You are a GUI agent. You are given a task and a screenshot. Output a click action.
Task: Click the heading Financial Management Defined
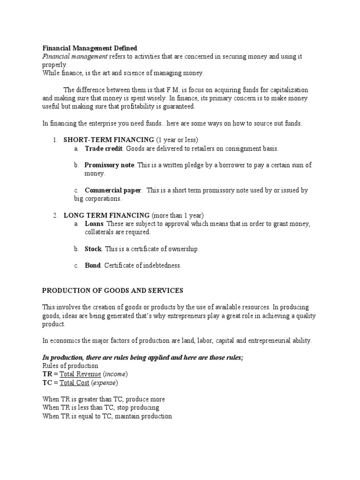[x=90, y=48]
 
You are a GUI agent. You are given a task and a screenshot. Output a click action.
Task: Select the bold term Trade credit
[x=103, y=149]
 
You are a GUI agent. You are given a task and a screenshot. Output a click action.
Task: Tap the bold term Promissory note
[x=109, y=165]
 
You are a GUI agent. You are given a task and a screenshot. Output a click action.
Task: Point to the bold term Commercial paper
[x=112, y=190]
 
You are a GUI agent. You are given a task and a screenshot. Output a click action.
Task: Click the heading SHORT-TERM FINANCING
[x=109, y=140]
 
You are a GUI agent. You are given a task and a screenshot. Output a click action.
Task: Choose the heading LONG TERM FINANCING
[x=106, y=215]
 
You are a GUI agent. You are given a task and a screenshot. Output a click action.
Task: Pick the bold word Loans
[x=94, y=224]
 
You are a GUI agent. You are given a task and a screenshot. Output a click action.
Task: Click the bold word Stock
[x=93, y=249]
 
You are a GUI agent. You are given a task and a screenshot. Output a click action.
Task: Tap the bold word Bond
[x=92, y=265]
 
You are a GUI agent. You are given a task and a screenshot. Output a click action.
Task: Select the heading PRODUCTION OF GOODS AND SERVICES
[x=112, y=291]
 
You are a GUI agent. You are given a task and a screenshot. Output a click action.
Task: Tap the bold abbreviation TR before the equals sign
[x=47, y=374]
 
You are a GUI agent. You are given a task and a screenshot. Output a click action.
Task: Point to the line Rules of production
[x=70, y=366]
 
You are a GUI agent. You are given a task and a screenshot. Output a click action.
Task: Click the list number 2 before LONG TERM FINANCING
[x=54, y=215]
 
